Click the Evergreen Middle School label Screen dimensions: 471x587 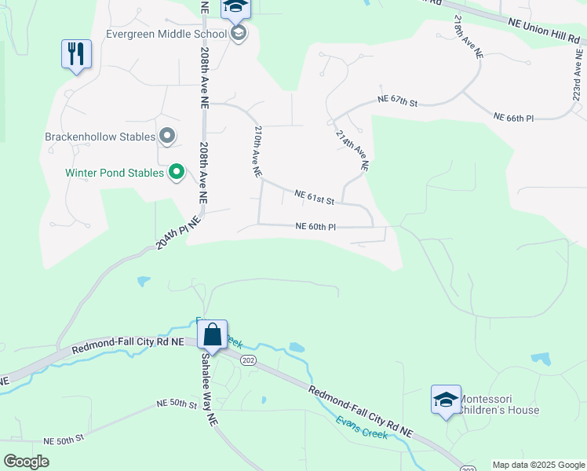point(168,34)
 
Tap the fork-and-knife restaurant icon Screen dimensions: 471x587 point(76,54)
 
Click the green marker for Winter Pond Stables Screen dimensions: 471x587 point(177,172)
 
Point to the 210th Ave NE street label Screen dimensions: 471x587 point(257,152)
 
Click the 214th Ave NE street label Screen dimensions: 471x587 point(352,150)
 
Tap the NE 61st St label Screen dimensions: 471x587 point(315,196)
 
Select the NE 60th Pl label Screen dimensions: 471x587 point(316,226)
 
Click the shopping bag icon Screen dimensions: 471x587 point(213,334)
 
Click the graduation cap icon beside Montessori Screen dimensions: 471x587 point(446,400)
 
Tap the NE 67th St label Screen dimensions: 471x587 point(397,100)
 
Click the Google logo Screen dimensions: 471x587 point(26,462)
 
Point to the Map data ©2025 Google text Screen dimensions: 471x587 point(538,465)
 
